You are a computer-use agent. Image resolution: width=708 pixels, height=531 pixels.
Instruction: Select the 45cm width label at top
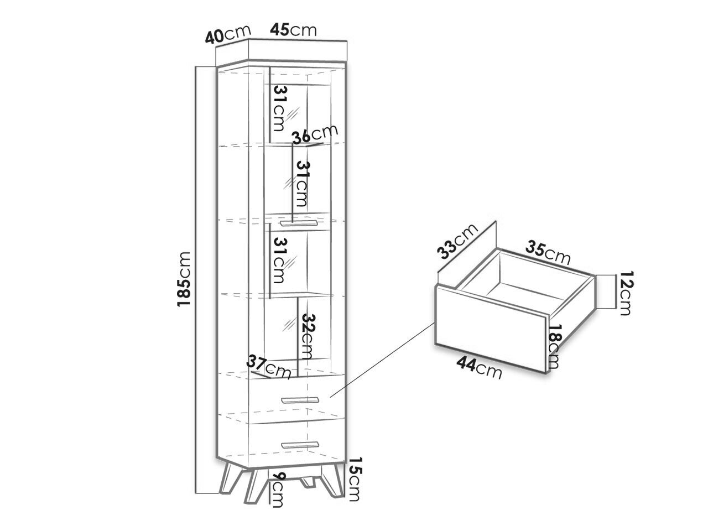pos(293,30)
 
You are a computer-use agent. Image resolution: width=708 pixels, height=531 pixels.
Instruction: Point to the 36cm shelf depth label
pos(315,134)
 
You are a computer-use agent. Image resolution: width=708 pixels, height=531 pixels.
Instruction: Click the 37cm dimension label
pos(268,367)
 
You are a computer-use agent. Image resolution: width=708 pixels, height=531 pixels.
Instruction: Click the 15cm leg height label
pos(355,483)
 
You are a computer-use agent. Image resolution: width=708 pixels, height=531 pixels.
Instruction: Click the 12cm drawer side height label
pos(626,293)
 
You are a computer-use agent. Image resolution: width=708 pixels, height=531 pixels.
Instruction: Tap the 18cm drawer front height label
pos(554,346)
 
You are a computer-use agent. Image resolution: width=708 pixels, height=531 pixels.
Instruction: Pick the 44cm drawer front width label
pos(480,368)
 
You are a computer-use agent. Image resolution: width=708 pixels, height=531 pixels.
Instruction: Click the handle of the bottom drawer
pos(300,445)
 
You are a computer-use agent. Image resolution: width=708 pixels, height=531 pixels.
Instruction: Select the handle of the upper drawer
pos(300,400)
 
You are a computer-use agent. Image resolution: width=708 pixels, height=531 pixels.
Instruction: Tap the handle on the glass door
pos(299,223)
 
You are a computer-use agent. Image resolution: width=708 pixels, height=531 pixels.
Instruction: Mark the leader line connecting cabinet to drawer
pos(382,360)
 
